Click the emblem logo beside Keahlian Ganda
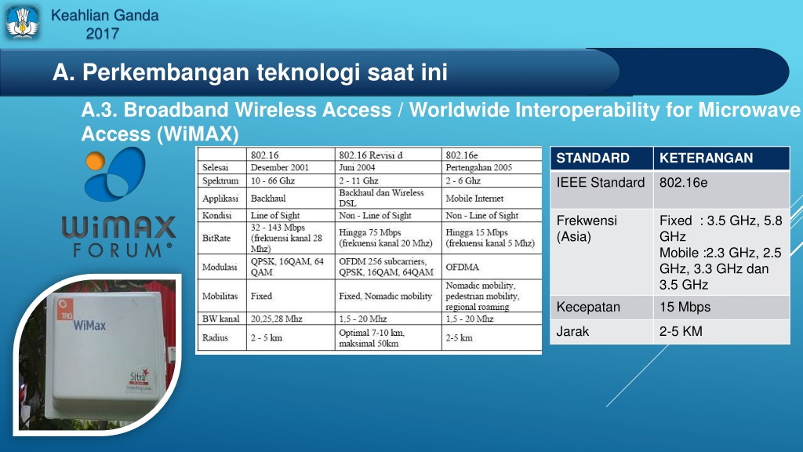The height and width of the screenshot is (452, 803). point(22,23)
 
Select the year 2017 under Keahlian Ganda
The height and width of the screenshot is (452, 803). point(103,34)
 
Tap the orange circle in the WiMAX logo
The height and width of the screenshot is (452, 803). point(95,161)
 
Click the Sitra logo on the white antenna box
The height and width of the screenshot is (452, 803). point(138,378)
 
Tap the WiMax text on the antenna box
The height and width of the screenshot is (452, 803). point(89,326)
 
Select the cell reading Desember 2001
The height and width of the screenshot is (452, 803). point(290,168)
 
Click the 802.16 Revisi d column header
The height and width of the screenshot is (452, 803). point(388,155)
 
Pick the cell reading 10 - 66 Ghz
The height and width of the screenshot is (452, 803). point(290,181)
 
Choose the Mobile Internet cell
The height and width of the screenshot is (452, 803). point(492,199)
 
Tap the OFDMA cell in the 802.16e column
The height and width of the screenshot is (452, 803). point(492,267)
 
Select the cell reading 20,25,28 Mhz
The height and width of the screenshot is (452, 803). point(290,319)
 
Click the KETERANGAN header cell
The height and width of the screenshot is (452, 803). point(721,158)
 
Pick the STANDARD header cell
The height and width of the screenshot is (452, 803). point(601,158)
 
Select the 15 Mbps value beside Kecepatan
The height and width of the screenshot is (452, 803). point(685,307)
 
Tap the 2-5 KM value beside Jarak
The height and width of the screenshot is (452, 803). point(681,332)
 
